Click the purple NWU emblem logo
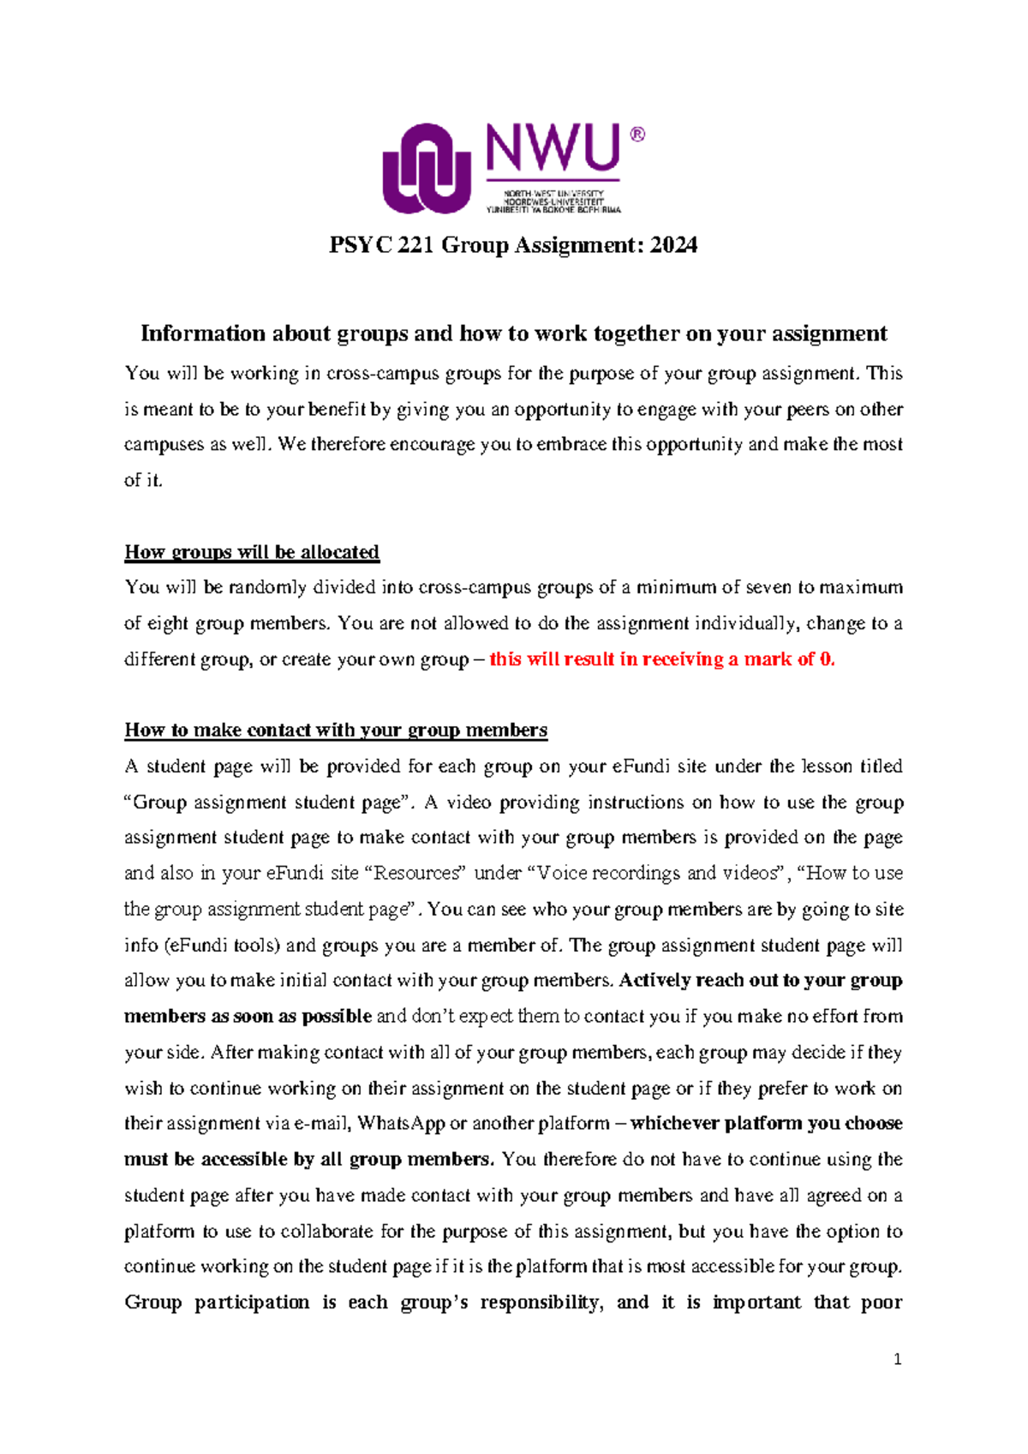[x=426, y=169]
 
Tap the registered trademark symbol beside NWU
[x=637, y=135]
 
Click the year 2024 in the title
[x=673, y=245]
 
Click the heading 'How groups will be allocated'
[x=252, y=552]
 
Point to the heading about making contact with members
[x=336, y=730]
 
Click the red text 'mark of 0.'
[x=789, y=659]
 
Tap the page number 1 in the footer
[x=897, y=1360]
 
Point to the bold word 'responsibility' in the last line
[x=541, y=1302]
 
